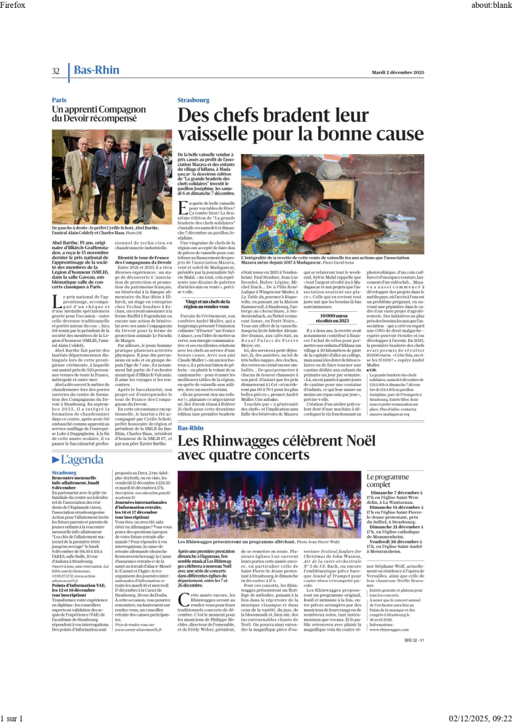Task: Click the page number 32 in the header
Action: [x=55, y=71]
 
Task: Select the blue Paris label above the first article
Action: [x=59, y=100]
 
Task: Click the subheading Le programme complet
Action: [x=387, y=480]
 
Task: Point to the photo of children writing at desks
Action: [x=332, y=203]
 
